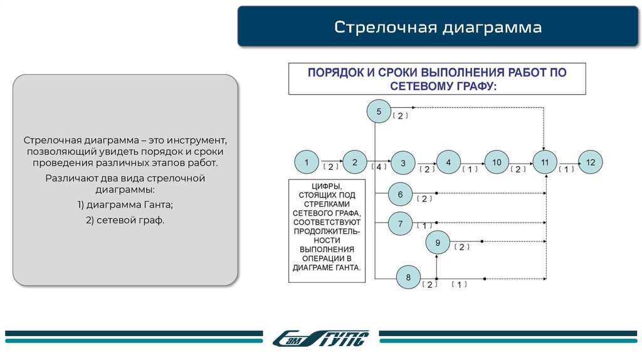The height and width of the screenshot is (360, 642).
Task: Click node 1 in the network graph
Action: tap(307, 162)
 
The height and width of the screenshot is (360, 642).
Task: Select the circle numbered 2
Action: tap(354, 162)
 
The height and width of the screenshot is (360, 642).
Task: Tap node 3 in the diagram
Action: tap(403, 163)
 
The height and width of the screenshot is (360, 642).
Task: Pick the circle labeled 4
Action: tap(448, 162)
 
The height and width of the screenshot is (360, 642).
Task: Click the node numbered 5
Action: tap(379, 112)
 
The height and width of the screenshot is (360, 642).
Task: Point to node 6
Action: tap(400, 194)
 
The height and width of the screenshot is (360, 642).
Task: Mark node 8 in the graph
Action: tap(408, 277)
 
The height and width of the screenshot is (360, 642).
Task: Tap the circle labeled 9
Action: tap(438, 242)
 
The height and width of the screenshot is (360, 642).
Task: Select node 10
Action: tap(497, 162)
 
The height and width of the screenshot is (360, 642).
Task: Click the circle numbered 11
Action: tap(545, 162)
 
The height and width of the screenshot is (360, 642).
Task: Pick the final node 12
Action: tap(590, 162)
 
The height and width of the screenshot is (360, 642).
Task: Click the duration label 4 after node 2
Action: tap(379, 167)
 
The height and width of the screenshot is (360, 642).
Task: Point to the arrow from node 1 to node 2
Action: tap(330, 162)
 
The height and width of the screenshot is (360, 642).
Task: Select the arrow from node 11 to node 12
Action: tap(567, 162)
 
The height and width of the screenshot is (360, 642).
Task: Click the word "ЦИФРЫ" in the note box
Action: tap(325, 187)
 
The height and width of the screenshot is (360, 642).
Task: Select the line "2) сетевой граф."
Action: tap(125, 220)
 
